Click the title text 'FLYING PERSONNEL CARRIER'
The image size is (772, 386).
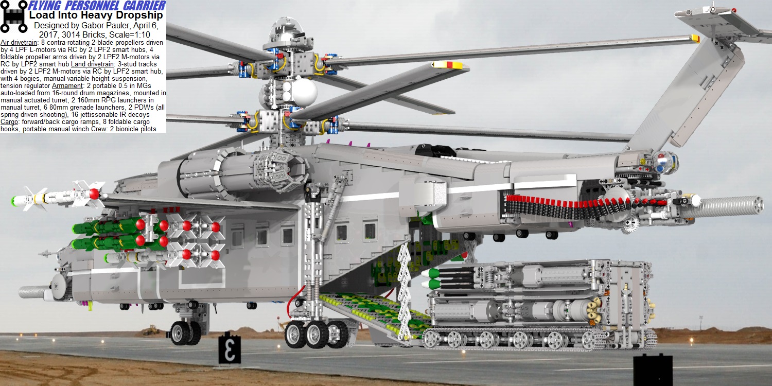[97, 5]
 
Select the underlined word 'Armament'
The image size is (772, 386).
[67, 86]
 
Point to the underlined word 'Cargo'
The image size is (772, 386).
[9, 121]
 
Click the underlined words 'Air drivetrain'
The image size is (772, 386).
[19, 42]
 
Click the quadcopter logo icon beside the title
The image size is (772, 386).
[14, 16]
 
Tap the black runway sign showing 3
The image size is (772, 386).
[230, 348]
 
